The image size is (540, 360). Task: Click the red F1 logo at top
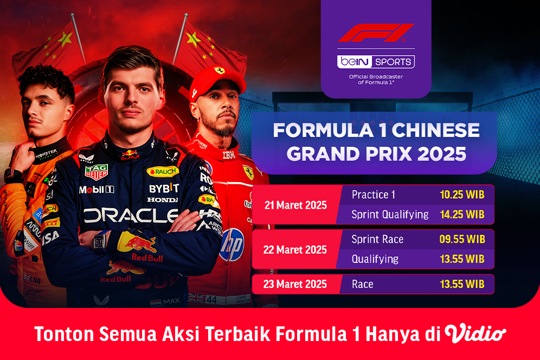(376, 33)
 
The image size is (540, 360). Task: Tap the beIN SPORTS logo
(376, 61)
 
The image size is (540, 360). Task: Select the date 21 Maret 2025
(295, 205)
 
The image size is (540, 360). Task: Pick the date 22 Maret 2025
(295, 250)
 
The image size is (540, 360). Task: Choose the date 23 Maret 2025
(295, 284)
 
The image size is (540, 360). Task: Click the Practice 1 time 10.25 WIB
(462, 195)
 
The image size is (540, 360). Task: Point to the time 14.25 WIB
(462, 214)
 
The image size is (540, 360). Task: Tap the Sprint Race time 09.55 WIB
(462, 239)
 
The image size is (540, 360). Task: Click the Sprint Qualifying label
(390, 214)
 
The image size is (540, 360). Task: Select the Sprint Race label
(377, 239)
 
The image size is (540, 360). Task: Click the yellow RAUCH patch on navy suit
(163, 172)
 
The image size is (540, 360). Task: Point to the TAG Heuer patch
(96, 171)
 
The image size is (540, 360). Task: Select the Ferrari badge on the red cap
(219, 70)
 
